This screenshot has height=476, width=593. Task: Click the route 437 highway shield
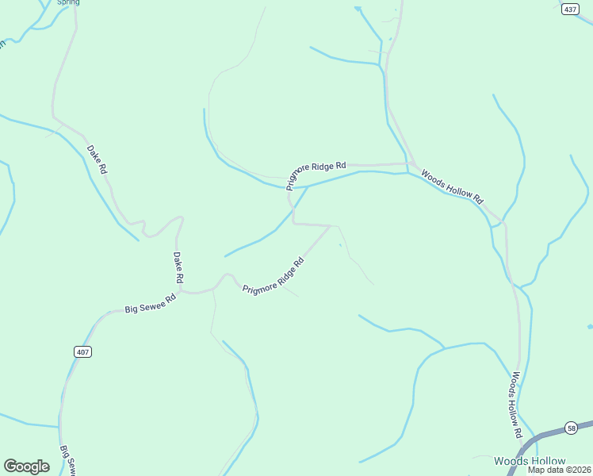[570, 9]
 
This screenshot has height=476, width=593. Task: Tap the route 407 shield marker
[84, 351]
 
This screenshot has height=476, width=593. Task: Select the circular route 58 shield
[571, 428]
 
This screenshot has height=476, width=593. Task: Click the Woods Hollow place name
[530, 461]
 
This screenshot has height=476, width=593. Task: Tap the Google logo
[26, 466]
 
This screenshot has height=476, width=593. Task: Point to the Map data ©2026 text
[560, 470]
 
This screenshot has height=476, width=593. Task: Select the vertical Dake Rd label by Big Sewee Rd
[178, 268]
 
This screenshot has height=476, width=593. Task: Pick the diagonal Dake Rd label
[97, 159]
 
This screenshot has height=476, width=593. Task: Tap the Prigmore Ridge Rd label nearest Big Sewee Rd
[274, 274]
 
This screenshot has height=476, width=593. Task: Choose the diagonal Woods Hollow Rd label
[452, 186]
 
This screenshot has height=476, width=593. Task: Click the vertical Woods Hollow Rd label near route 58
[516, 405]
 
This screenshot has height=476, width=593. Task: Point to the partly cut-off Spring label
[68, 2]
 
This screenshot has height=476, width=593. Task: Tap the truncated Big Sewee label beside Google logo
[66, 459]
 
